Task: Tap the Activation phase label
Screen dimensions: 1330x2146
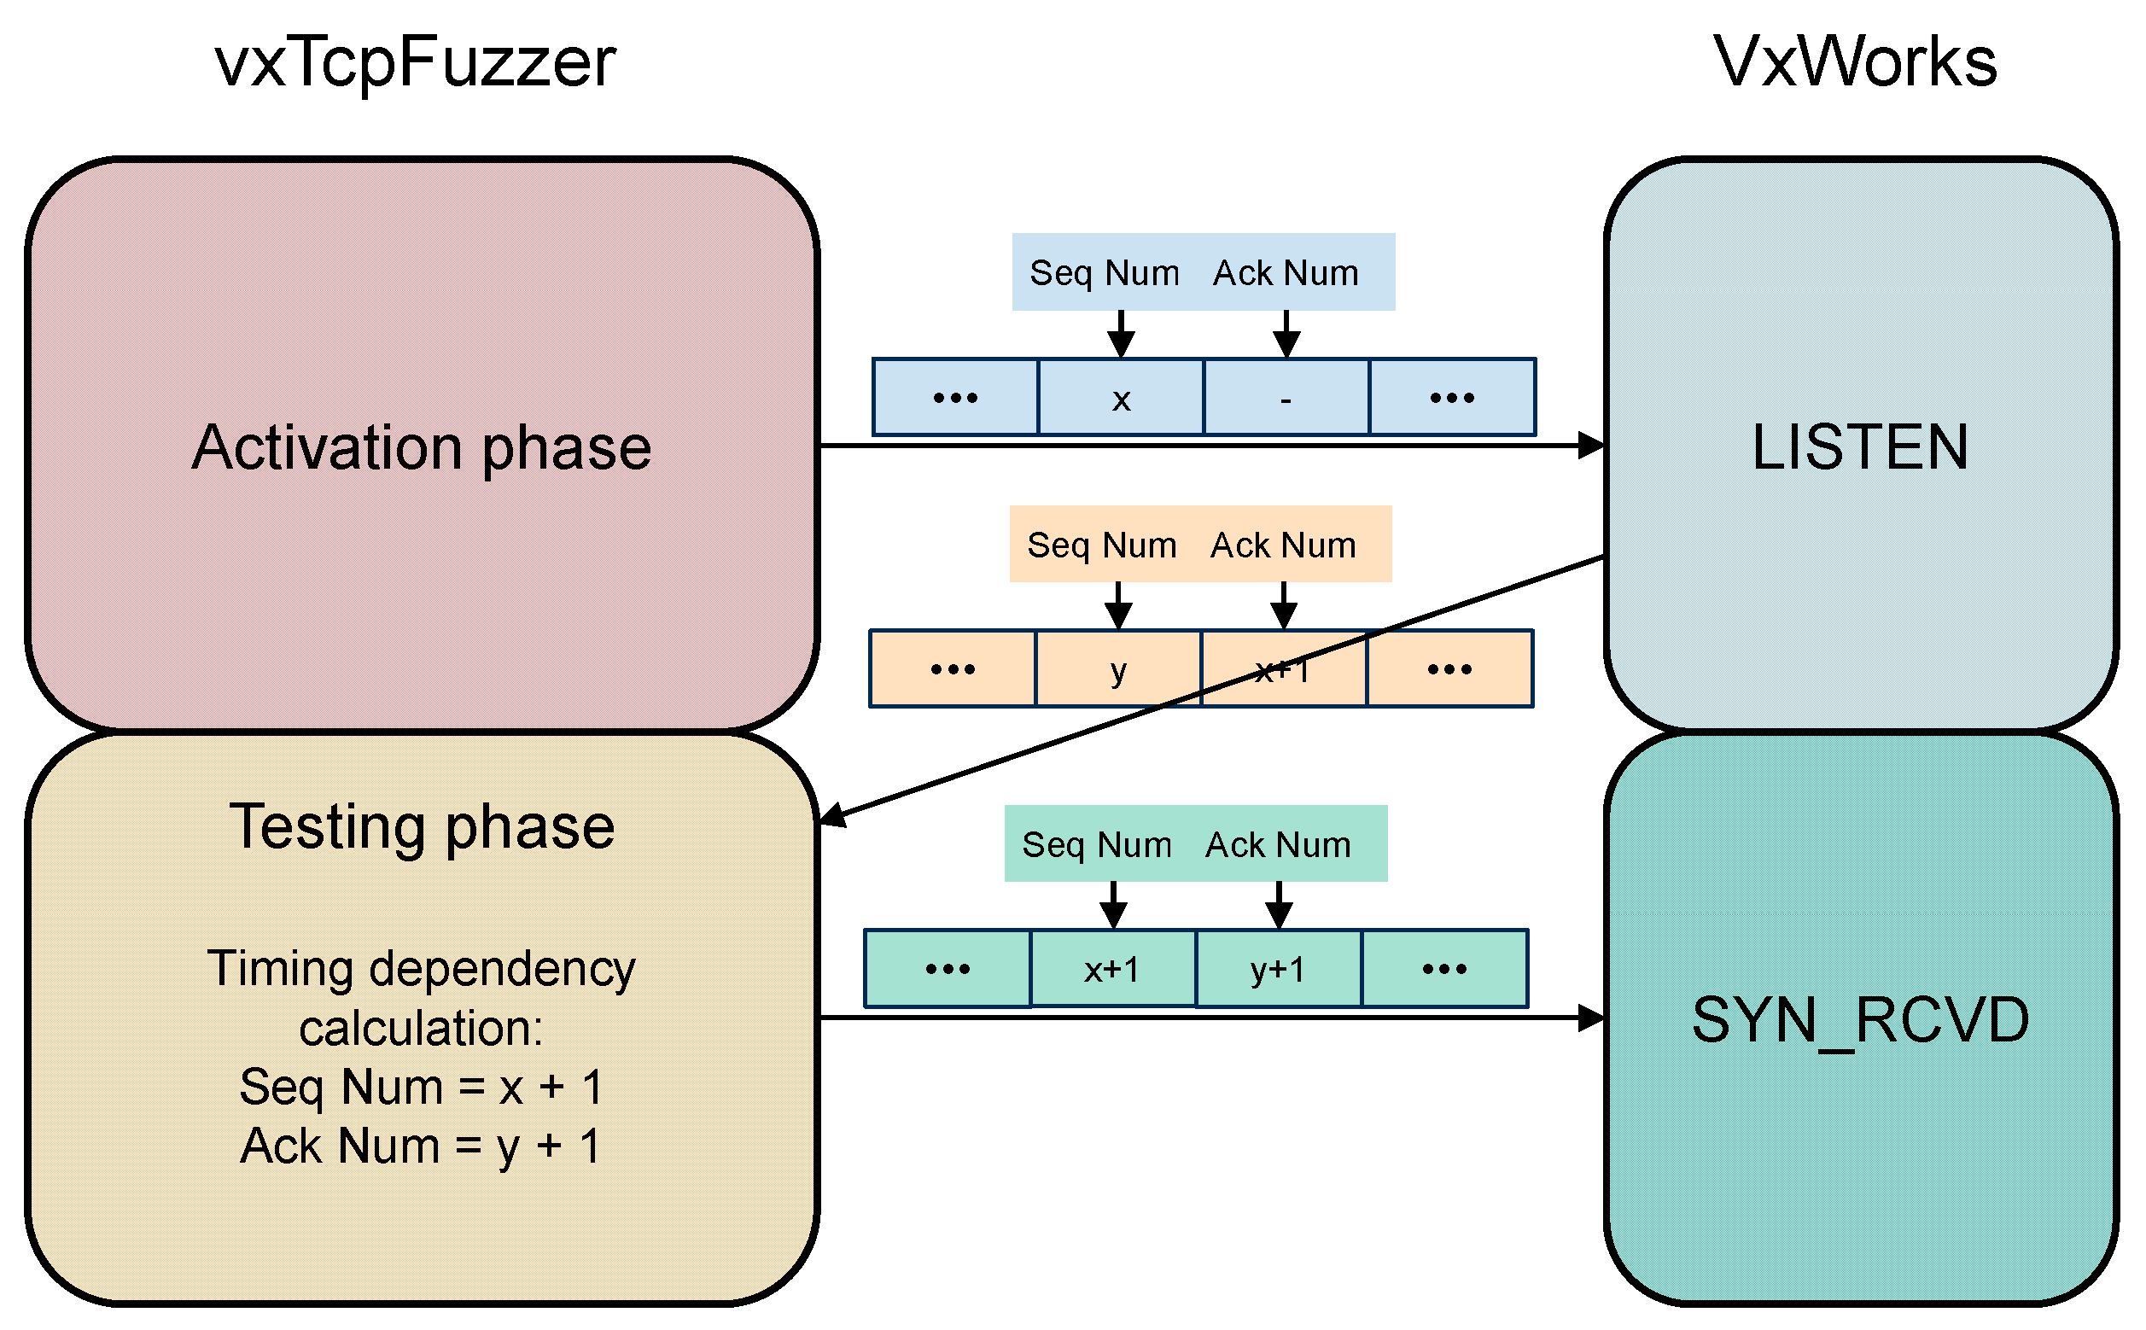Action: [x=422, y=447]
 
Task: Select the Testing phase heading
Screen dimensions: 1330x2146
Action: [x=422, y=827]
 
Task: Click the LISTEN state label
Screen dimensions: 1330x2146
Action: [x=1859, y=447]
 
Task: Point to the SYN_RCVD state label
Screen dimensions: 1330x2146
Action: [x=1859, y=1020]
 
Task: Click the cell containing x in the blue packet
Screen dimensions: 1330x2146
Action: [x=1120, y=398]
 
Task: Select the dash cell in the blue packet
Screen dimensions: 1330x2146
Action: [x=1285, y=398]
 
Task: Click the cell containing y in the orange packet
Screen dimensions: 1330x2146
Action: [x=1117, y=669]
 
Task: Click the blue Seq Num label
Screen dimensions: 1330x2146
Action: [x=1104, y=272]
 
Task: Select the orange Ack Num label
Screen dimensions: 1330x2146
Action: [x=1282, y=545]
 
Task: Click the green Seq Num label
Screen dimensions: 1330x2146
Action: [x=1096, y=844]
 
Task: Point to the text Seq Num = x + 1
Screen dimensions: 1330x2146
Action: [x=422, y=1087]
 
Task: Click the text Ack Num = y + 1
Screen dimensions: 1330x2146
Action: [x=422, y=1146]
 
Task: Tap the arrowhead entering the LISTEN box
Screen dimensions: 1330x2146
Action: [x=1592, y=446]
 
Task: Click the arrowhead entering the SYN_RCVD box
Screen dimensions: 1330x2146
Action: [x=1592, y=1018]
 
